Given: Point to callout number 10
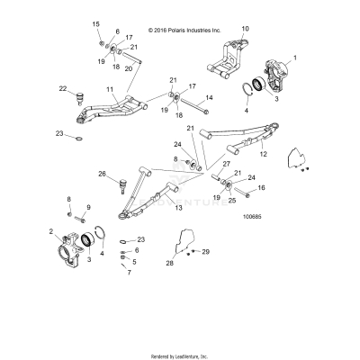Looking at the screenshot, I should click(245, 30).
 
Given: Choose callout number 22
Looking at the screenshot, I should click(63, 88).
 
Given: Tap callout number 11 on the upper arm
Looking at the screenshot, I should click(109, 90).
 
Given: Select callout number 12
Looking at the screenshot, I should click(264, 155).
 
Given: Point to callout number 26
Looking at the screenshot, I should click(102, 174).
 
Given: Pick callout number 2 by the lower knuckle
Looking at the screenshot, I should click(53, 232).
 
